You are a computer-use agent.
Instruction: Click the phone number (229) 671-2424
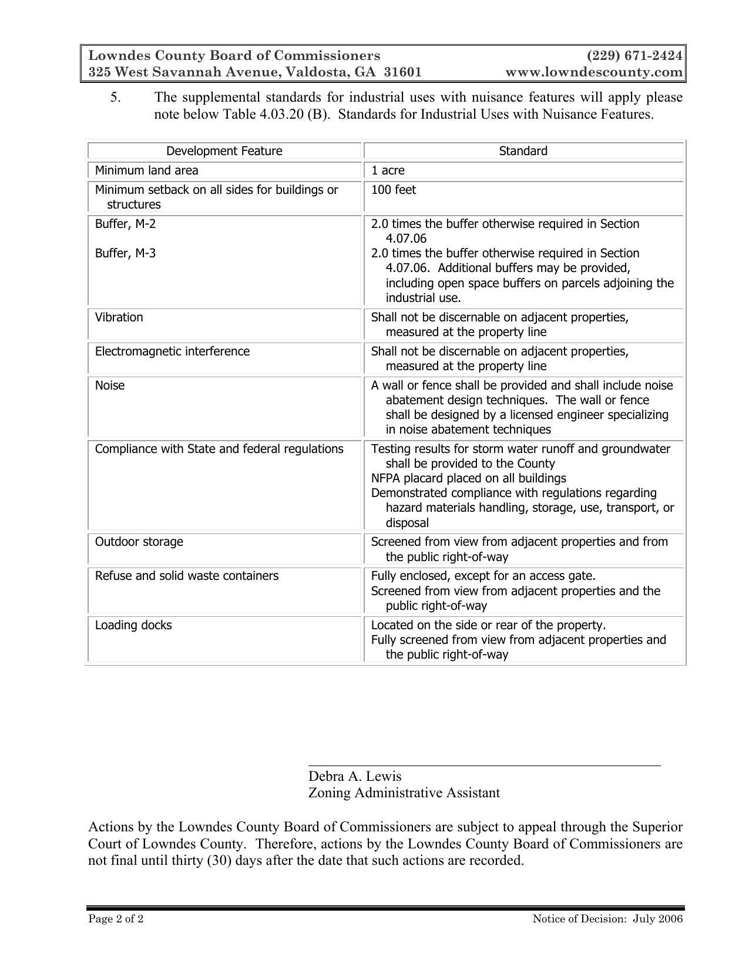[x=634, y=56]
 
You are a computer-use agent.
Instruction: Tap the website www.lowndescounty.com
[x=594, y=72]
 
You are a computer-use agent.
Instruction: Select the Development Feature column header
[x=224, y=151]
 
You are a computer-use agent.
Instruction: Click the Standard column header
[x=523, y=151]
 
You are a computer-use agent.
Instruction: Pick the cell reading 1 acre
[x=388, y=170]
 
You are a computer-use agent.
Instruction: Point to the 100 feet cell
[x=393, y=190]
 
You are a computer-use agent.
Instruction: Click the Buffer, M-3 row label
[x=125, y=253]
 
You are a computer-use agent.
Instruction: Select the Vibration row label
[x=119, y=317]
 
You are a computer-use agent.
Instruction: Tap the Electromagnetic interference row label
[x=172, y=351]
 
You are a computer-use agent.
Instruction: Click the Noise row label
[x=110, y=385]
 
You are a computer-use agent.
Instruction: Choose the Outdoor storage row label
[x=139, y=542]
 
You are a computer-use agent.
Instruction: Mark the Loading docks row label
[x=133, y=625]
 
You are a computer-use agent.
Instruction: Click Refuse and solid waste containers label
[x=186, y=576]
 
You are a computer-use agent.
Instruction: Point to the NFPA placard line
[x=468, y=478]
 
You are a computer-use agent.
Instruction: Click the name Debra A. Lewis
[x=355, y=776]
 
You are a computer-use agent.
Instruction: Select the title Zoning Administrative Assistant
[x=404, y=793]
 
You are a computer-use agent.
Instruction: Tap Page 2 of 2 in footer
[x=116, y=919]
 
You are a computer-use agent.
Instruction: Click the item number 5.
[x=115, y=97]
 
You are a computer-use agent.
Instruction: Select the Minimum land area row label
[x=146, y=170]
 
